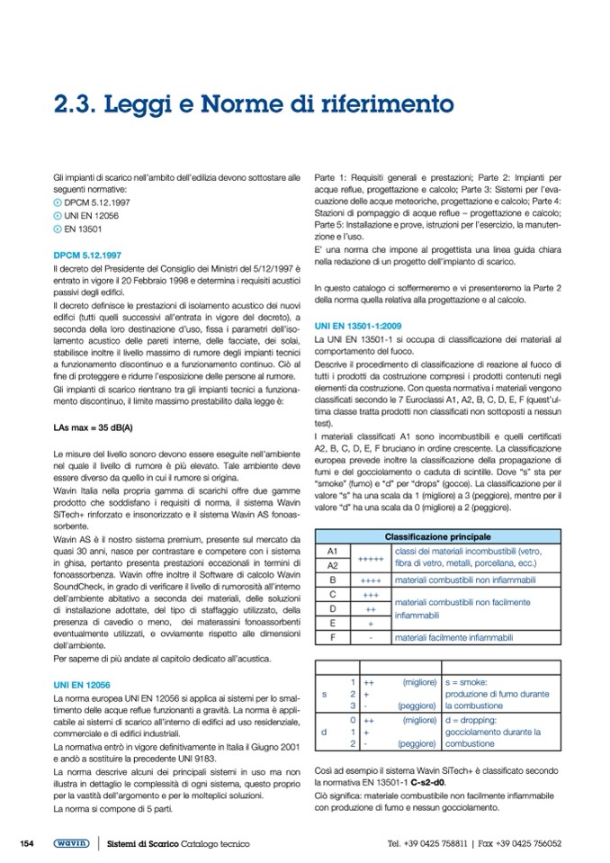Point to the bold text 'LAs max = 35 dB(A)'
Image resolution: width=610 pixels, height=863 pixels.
93,426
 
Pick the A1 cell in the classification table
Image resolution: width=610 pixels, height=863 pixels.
332,550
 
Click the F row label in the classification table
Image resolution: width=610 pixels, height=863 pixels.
332,637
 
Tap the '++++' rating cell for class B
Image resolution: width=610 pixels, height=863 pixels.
371,581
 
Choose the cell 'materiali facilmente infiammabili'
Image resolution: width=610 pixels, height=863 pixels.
454,637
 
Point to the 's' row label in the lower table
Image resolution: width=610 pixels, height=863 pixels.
324,694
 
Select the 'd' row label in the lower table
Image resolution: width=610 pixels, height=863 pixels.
324,733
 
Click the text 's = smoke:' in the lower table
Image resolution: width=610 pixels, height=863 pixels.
466,683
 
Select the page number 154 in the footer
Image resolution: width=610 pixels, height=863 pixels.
27,843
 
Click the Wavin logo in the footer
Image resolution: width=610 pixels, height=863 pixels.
70,843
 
